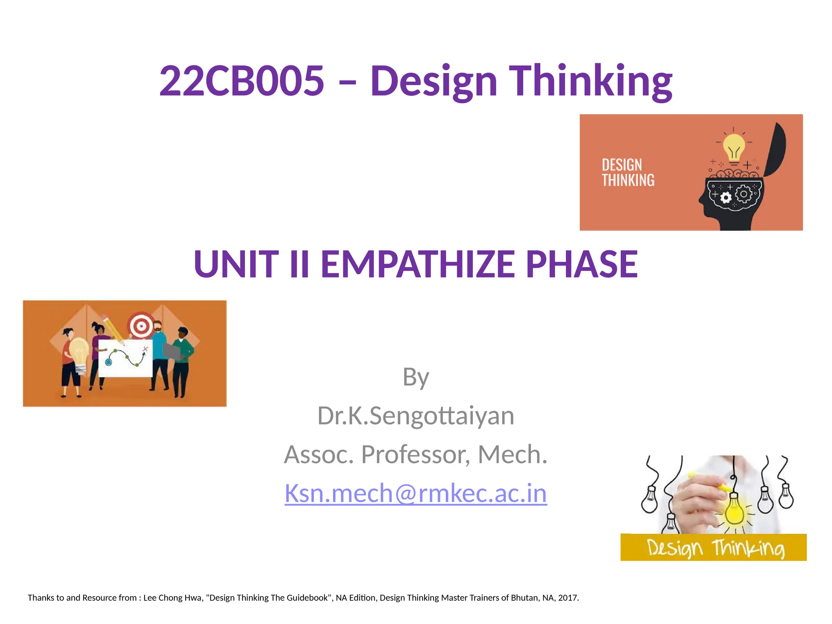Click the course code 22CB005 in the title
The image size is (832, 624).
[242, 81]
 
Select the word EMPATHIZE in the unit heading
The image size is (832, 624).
[418, 264]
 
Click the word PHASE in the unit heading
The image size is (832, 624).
[581, 264]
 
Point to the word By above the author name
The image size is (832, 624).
[416, 377]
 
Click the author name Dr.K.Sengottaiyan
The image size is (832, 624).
[416, 416]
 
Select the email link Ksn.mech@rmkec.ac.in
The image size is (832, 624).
[416, 493]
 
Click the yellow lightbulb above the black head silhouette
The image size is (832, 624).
[734, 148]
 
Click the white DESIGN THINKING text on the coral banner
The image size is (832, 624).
[628, 173]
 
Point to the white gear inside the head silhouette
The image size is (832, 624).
[726, 198]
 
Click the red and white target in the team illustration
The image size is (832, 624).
[141, 325]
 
